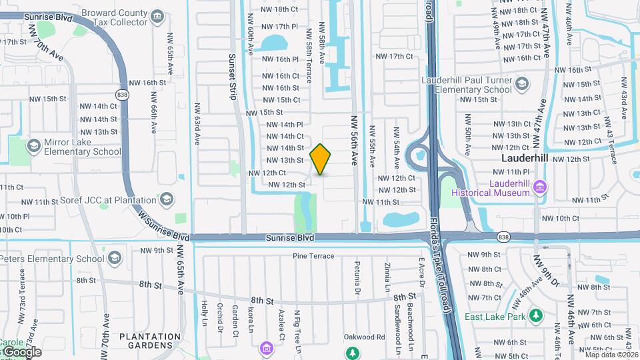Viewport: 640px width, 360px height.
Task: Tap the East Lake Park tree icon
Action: pos(535,315)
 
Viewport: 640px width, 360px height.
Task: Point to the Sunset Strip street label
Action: pos(232,77)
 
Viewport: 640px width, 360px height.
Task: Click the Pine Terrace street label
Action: pos(313,256)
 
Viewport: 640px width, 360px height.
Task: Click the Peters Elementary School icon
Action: pos(115,258)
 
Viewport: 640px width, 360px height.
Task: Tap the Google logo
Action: pos(21,352)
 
